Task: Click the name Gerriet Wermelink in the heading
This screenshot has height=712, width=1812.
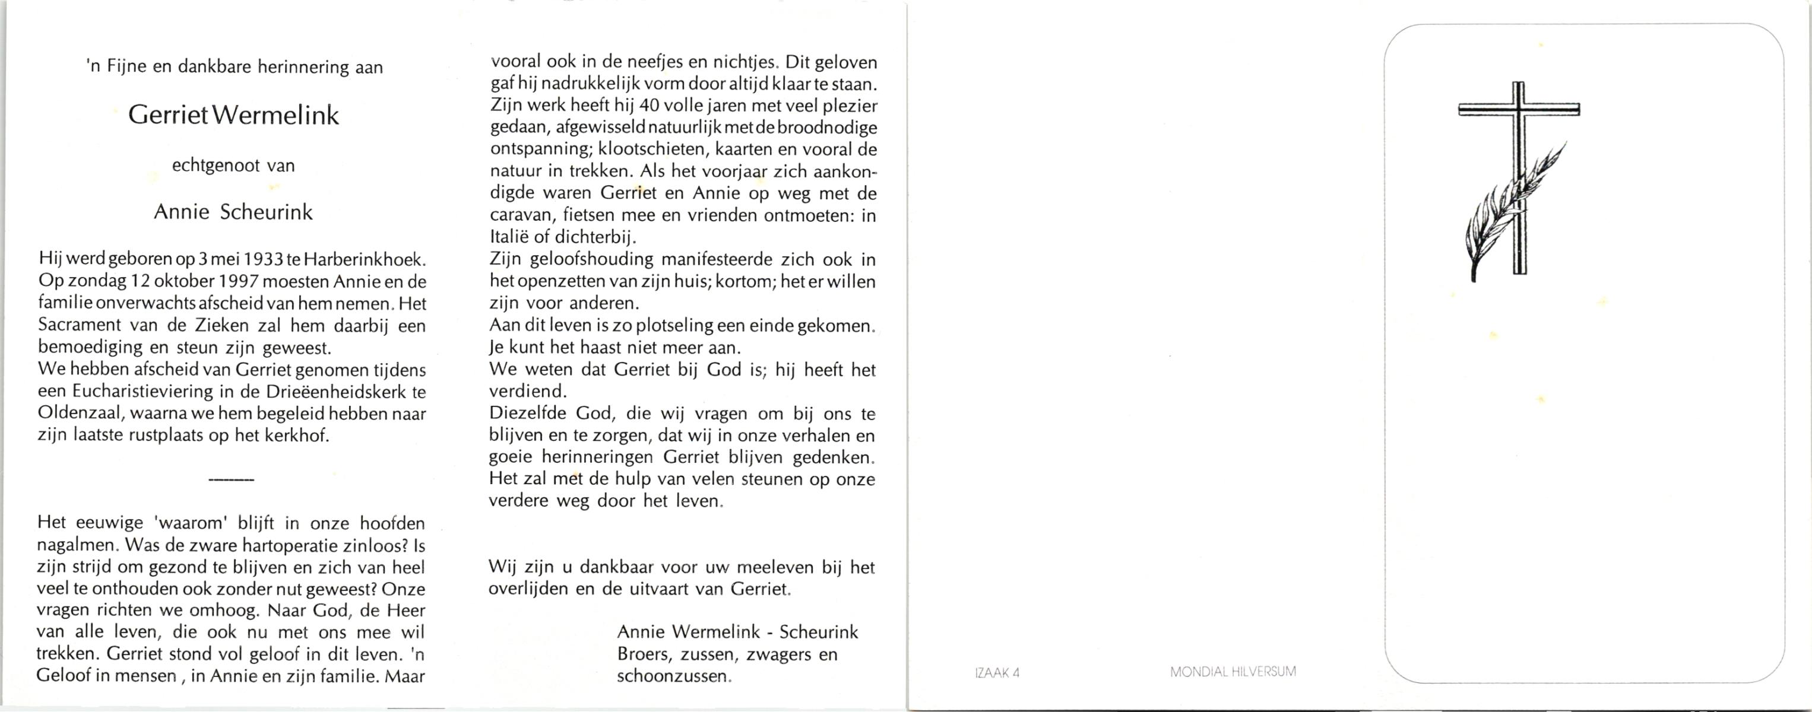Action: coord(233,115)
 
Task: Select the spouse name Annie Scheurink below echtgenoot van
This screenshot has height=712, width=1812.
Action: coord(233,212)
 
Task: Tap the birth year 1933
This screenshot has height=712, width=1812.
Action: coord(262,259)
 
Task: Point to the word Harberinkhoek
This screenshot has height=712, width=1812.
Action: coord(365,259)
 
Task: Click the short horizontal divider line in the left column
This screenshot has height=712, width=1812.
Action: coord(232,479)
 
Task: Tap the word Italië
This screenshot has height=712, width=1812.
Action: coord(510,237)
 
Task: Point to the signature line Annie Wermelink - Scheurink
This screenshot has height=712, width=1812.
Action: coord(737,632)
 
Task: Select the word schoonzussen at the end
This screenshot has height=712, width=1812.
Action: coord(673,676)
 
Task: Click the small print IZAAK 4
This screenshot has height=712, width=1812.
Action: coord(997,673)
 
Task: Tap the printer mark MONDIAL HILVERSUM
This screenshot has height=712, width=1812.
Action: coord(1233,671)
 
